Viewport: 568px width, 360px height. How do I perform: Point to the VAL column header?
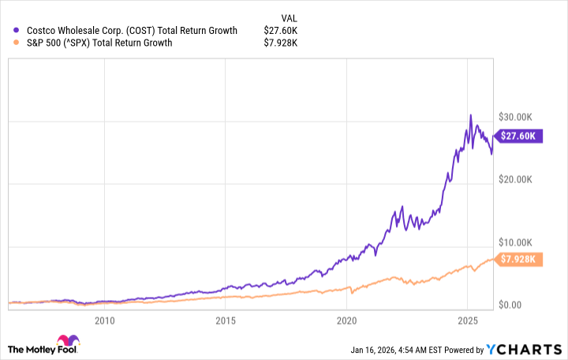(290, 17)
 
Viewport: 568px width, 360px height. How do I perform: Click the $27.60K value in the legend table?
(282, 31)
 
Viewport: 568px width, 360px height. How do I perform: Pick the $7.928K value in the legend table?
(280, 43)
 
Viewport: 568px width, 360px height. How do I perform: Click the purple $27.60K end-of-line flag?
(518, 136)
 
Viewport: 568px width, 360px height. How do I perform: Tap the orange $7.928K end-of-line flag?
(518, 259)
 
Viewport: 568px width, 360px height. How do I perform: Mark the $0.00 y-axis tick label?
(510, 305)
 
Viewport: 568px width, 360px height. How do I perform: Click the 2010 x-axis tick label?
(104, 321)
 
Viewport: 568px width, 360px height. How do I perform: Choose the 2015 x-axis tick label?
(226, 321)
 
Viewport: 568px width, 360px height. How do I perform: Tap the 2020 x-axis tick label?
(347, 321)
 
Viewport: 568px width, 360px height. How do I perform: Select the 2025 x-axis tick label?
(468, 321)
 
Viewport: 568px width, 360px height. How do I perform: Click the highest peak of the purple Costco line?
(470, 115)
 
